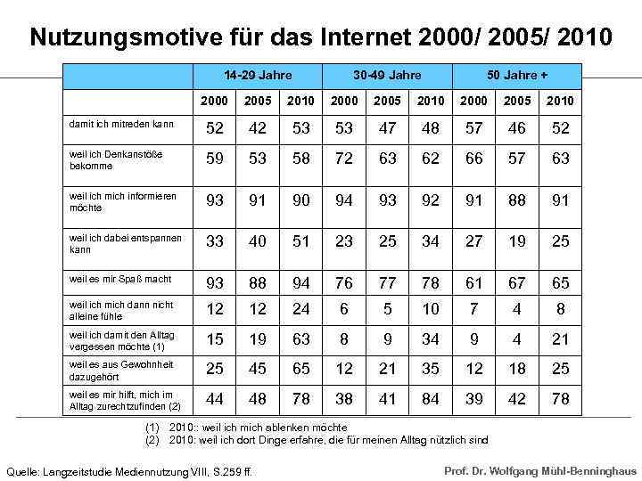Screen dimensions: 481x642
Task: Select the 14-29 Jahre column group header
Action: (x=258, y=75)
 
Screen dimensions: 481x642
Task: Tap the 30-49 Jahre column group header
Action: (x=387, y=75)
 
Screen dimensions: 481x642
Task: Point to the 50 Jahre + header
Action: (x=517, y=75)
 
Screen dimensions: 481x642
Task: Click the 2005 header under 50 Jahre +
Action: (x=517, y=101)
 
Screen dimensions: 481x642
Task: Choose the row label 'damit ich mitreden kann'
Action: (x=121, y=125)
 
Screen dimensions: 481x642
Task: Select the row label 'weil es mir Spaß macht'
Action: (x=120, y=279)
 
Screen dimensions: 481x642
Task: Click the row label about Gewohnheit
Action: (x=121, y=371)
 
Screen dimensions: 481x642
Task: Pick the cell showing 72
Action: (x=344, y=159)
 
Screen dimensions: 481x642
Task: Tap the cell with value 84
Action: (x=431, y=400)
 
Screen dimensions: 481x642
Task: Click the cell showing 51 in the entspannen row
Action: (x=301, y=241)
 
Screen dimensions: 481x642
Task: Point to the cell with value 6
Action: (x=344, y=309)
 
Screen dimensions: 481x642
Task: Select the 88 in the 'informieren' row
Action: (x=517, y=200)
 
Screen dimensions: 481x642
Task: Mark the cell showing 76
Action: (x=344, y=283)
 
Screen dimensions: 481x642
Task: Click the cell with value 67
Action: (x=517, y=283)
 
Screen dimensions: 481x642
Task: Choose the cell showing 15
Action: (x=215, y=339)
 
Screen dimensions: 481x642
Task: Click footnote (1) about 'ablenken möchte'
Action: (x=245, y=428)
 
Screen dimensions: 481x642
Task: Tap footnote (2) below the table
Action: (x=316, y=440)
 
